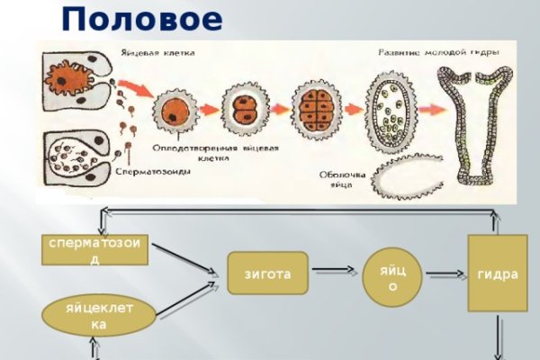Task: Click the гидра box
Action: tap(498, 274)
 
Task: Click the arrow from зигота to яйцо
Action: tap(335, 273)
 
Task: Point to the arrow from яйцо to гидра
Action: tap(445, 274)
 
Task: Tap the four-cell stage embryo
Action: tap(319, 109)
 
